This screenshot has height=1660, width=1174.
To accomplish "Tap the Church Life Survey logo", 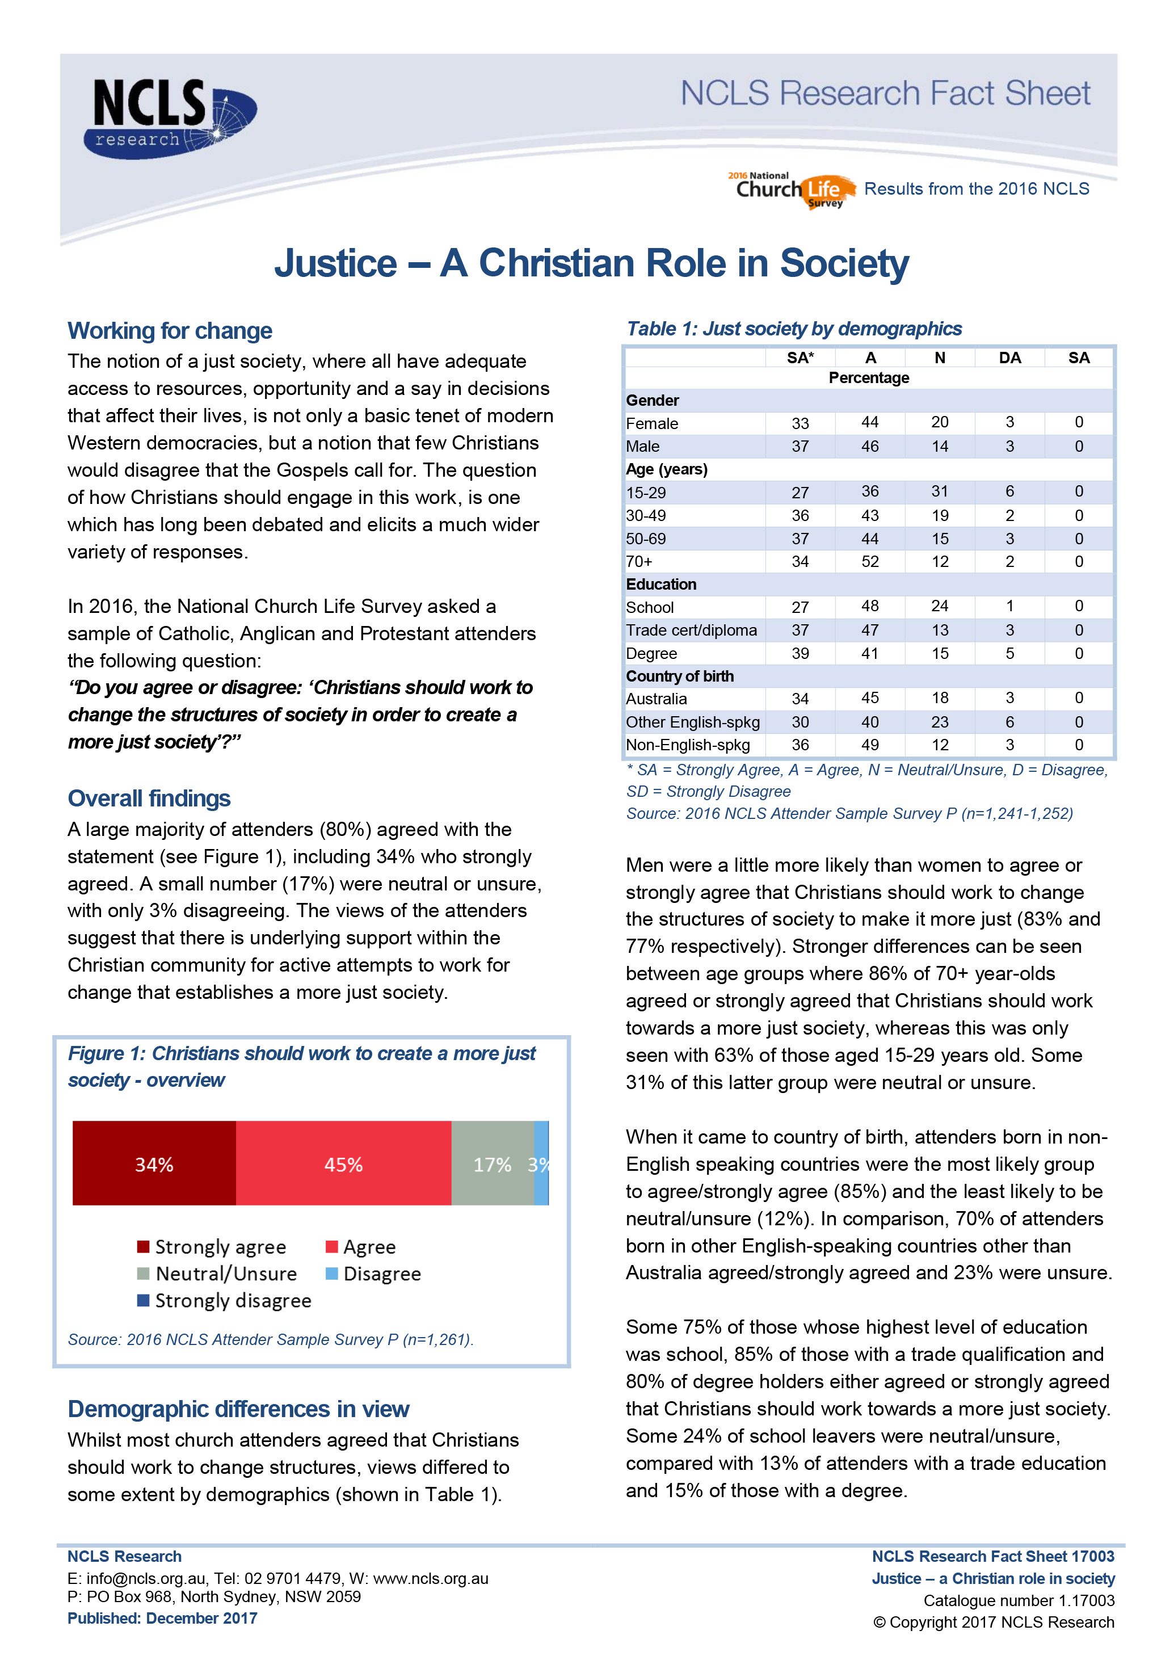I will (792, 190).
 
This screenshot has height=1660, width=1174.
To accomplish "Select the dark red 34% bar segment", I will (154, 1163).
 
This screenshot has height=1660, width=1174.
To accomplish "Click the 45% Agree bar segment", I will (343, 1163).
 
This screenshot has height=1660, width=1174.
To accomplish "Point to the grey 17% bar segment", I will (493, 1163).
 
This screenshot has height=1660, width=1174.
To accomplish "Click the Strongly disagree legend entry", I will (224, 1301).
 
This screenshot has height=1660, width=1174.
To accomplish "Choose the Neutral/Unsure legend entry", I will (217, 1274).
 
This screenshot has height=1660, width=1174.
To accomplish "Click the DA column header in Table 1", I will (1009, 358).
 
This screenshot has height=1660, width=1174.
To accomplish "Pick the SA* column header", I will (800, 358).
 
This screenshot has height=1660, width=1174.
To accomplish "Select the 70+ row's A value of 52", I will (870, 562).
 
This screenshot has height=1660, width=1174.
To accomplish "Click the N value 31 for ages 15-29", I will (939, 491).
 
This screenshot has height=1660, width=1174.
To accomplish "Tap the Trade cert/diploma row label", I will (691, 631).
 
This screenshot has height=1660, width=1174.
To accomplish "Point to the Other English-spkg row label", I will (693, 722).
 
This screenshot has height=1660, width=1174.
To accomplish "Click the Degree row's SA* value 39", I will (800, 654).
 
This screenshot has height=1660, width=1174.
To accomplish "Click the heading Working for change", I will (170, 330).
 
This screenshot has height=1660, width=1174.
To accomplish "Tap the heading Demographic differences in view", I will (238, 1409).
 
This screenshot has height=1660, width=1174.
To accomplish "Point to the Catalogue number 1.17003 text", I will (1019, 1601).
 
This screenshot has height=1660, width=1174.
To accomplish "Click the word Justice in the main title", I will (335, 263).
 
